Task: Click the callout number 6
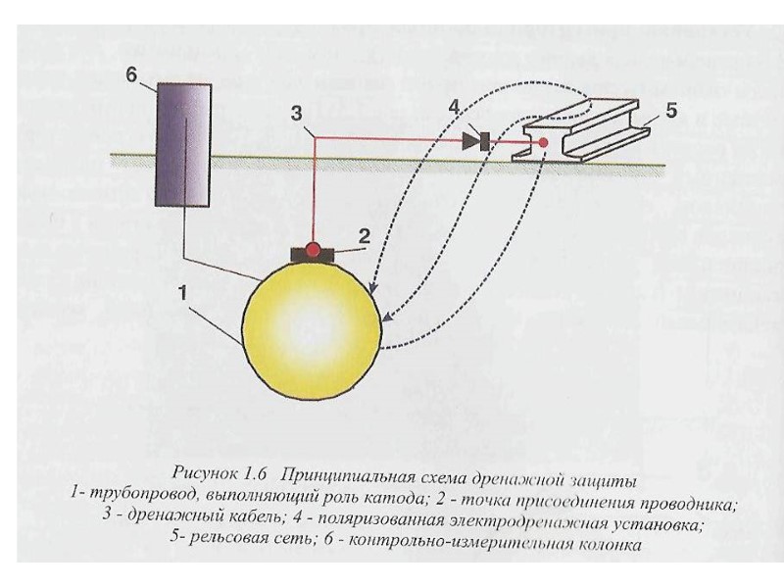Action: point(132,74)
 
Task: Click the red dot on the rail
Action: point(542,143)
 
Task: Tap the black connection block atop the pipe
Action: point(313,257)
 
